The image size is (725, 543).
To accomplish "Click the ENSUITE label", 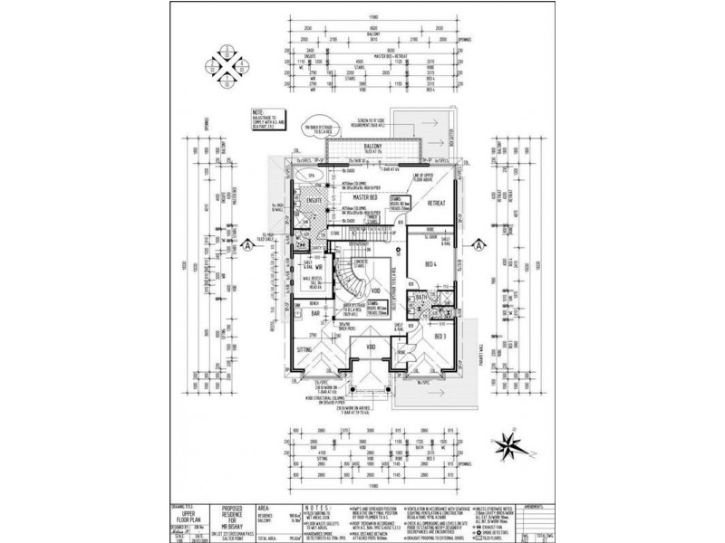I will pos(315,198).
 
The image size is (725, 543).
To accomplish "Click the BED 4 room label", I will pos(430,264).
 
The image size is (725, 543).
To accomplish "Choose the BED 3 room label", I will pos(441,336).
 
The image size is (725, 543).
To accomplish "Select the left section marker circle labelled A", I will pos(246,244).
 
